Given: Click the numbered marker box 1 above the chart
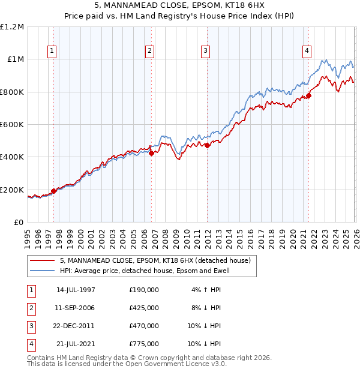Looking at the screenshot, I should [x=53, y=52].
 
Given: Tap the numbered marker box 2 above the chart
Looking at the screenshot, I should [x=149, y=52].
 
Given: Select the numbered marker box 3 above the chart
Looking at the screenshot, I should [x=205, y=52].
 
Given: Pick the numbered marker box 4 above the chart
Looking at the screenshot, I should [x=307, y=52].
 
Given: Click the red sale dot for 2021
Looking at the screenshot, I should [x=309, y=95].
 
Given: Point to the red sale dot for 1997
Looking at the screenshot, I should [x=54, y=191].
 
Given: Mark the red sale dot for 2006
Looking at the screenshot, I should [x=151, y=153].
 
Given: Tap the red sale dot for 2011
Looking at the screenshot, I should [x=207, y=145].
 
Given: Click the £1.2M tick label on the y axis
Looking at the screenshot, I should [x=12, y=27].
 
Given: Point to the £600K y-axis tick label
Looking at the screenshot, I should [x=12, y=125].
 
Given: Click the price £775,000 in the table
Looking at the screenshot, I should [x=144, y=344].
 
